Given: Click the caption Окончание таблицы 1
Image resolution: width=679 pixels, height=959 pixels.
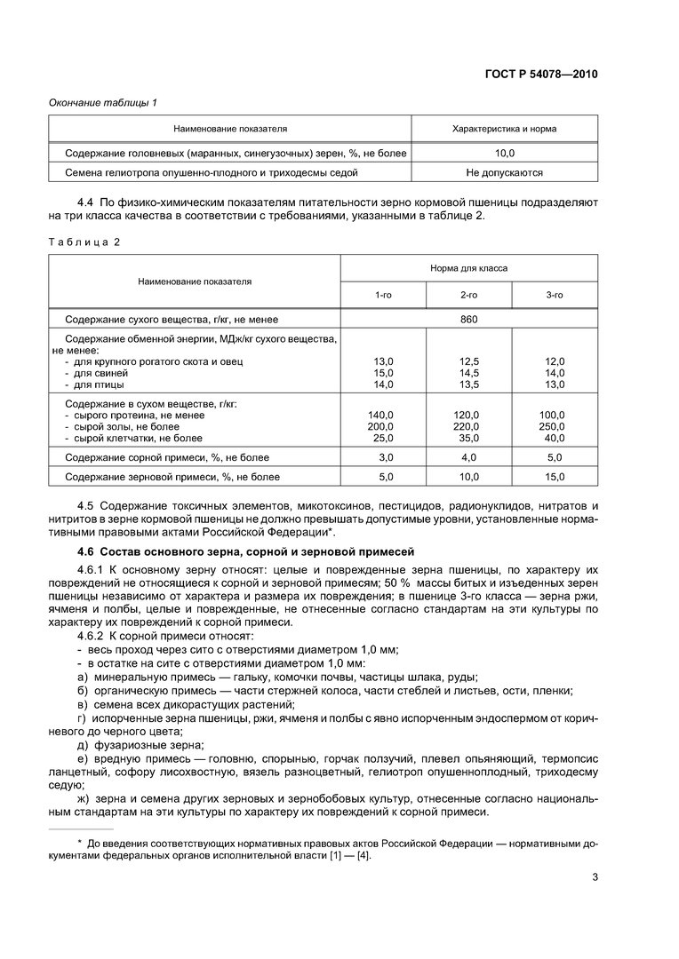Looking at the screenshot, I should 102,103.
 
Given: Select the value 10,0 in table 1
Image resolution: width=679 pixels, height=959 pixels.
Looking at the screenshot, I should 505,153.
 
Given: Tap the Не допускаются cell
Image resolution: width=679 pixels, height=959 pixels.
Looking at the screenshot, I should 505,172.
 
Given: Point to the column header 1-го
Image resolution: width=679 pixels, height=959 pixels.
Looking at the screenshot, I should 383,294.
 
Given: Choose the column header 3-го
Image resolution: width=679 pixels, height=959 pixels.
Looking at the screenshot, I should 554,294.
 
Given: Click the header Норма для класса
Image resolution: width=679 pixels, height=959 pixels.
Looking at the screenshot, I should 468,267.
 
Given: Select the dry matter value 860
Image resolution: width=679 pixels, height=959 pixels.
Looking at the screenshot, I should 468,318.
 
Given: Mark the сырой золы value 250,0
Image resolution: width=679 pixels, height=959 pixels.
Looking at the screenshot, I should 552,427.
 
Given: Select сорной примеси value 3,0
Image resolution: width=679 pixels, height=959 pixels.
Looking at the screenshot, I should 386,457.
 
